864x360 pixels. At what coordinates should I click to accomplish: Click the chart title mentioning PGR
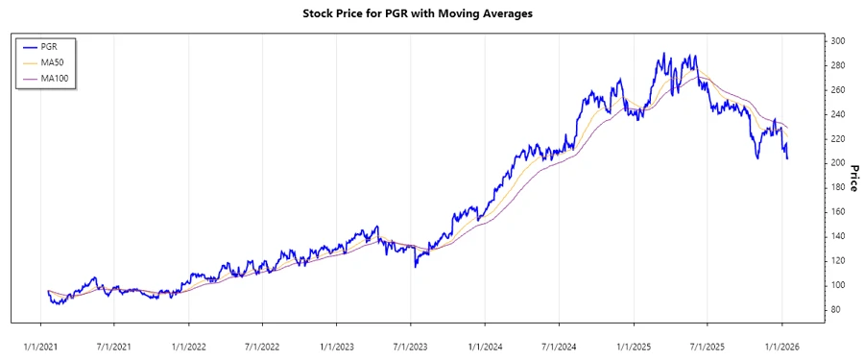(x=431, y=14)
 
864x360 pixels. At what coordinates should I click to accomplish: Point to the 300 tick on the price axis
(x=839, y=41)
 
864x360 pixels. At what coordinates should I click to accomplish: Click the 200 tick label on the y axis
(x=839, y=163)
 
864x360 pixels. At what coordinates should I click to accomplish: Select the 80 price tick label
(x=837, y=309)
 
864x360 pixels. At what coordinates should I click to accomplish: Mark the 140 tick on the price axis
(x=839, y=236)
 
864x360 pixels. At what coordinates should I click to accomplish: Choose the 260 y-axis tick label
(x=839, y=90)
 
